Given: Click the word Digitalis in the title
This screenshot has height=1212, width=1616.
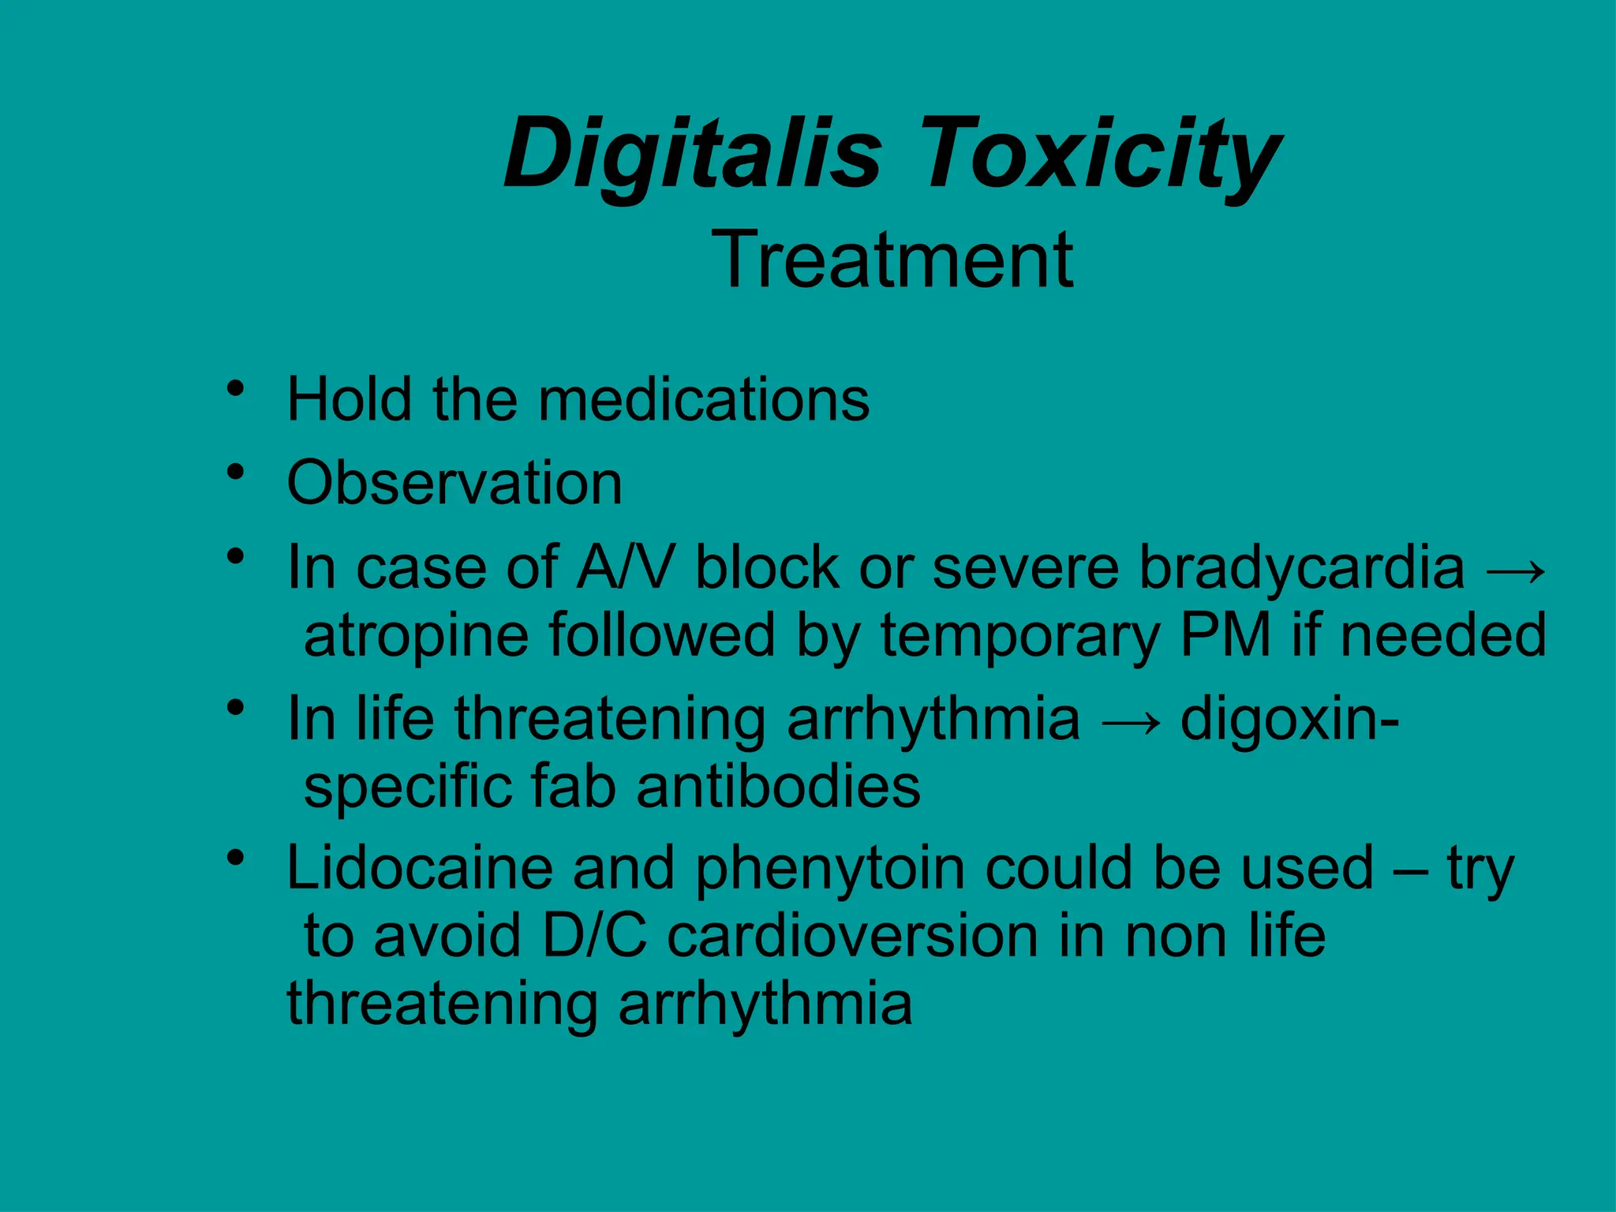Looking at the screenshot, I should coord(692,154).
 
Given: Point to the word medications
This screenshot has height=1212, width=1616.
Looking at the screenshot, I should coord(704,399).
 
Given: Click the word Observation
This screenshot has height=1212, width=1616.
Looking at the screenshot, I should coord(454,483).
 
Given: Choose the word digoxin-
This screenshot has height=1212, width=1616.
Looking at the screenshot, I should coord(1290,719).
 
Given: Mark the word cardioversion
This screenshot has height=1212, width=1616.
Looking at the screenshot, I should coord(852,936).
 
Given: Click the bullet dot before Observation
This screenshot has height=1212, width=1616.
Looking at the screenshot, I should coord(234,473).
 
